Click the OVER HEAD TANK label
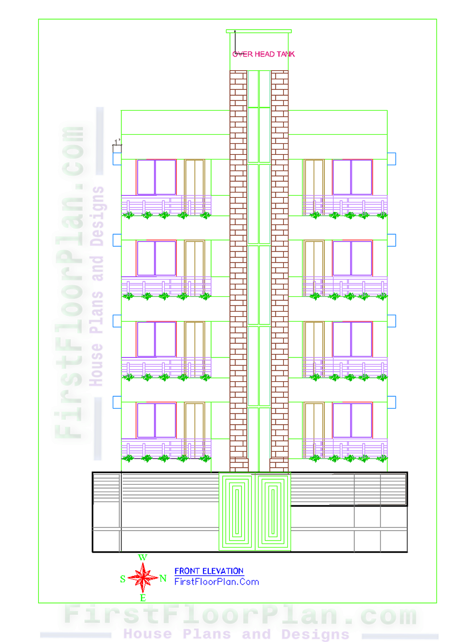pos(263,54)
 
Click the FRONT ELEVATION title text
pos(209,571)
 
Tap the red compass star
pos(143,578)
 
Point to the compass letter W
pos(142,557)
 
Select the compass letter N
pos(163,578)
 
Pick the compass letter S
pos(123,579)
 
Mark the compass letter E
pos(143,597)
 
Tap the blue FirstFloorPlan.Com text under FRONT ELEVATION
pos(217,582)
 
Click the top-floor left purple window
pos(156,177)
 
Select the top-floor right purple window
pos(352,177)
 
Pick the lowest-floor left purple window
pos(156,420)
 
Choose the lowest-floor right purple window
pos(352,420)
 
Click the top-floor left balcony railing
pos(166,206)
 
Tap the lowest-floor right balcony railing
pos(345,449)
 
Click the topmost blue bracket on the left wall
pos(117,159)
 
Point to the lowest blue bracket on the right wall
pos(391,402)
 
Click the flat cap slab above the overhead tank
pos(259,31)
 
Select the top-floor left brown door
pos(194,177)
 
